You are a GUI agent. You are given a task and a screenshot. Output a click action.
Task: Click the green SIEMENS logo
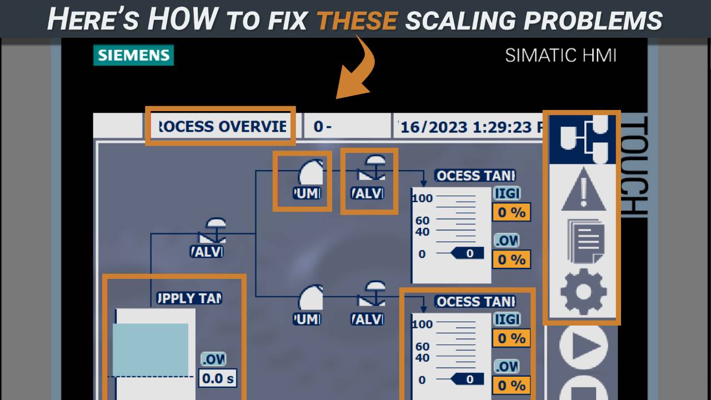[133, 56]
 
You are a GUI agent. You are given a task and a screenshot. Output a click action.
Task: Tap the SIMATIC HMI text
[560, 55]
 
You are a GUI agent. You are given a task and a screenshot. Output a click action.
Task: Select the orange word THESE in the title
[357, 20]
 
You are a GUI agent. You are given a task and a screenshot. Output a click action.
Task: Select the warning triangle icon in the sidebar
[583, 188]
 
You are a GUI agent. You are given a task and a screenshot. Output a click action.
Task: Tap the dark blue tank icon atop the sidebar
[583, 139]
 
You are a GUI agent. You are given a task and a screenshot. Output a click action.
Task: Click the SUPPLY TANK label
[189, 298]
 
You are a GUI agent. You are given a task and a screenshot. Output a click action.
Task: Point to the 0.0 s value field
[218, 378]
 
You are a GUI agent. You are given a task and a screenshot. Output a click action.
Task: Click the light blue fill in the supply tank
[151, 349]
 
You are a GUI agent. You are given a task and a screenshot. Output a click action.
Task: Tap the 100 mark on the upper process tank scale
[422, 198]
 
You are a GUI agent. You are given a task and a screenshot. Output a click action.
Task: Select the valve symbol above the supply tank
[214, 230]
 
